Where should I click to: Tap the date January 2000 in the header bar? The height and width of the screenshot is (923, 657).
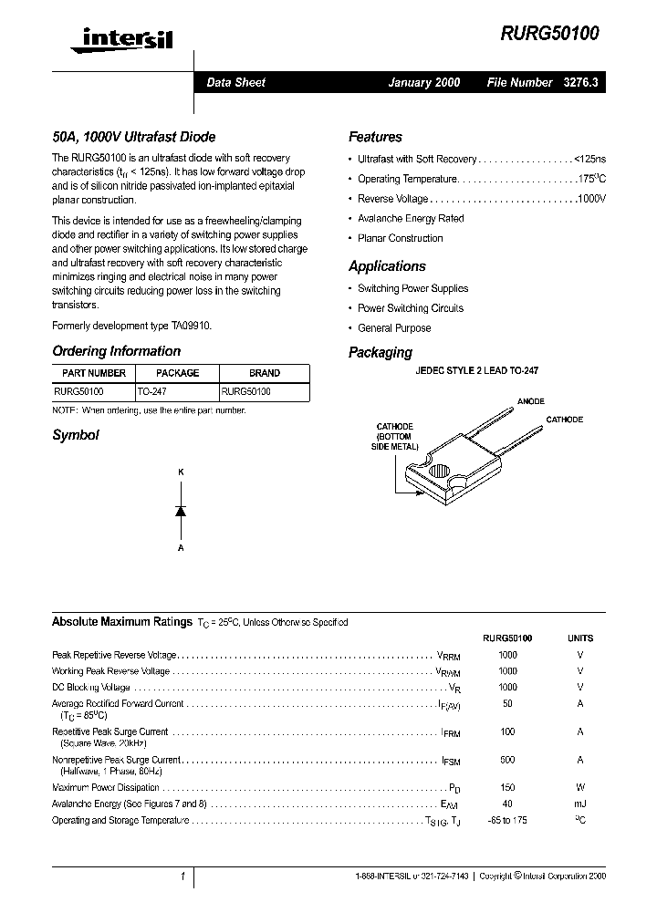[423, 82]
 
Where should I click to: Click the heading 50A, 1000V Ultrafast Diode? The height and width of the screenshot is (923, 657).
[133, 137]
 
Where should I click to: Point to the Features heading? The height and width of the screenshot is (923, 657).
[375, 137]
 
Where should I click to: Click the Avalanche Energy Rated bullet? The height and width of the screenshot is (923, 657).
[411, 219]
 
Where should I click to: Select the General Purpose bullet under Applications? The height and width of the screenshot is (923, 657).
[394, 328]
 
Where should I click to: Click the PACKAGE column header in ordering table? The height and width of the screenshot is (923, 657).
[177, 373]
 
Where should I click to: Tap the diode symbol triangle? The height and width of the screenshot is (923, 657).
[181, 511]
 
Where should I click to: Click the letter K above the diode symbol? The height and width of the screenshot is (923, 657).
[181, 472]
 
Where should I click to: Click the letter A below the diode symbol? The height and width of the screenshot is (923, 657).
[181, 548]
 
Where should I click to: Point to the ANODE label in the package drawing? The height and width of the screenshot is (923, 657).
[530, 401]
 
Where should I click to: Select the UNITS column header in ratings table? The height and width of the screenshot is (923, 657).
[580, 638]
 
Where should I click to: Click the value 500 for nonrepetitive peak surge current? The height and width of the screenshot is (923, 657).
[507, 760]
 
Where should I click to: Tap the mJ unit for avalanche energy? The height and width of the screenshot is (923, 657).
[580, 804]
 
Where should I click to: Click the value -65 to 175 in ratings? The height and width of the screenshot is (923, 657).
[507, 820]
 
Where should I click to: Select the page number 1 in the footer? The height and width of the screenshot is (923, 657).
[182, 876]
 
